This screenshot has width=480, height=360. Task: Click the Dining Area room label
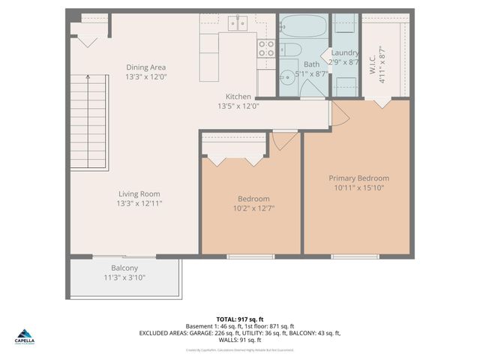click(145, 67)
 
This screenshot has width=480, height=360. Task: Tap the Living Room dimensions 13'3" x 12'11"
click(139, 203)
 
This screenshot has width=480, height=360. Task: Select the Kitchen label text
click(239, 97)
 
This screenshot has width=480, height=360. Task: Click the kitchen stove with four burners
click(266, 49)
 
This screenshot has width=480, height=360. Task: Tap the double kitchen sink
click(238, 24)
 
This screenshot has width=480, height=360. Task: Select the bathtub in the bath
click(301, 28)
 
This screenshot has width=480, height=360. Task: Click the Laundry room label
click(345, 53)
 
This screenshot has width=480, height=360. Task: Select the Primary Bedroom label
click(358, 178)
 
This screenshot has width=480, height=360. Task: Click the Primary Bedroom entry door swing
click(339, 115)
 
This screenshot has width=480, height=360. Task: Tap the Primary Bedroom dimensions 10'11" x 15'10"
click(358, 187)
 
